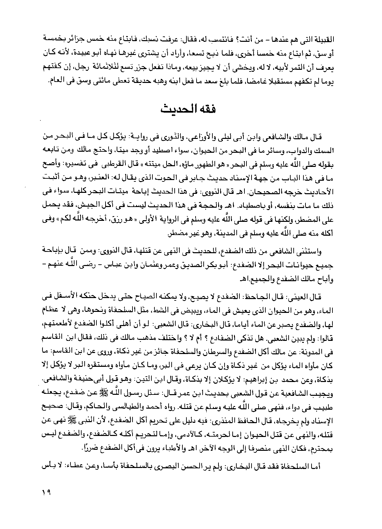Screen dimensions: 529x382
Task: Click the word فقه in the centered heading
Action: pyautogui.click(x=206, y=110)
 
